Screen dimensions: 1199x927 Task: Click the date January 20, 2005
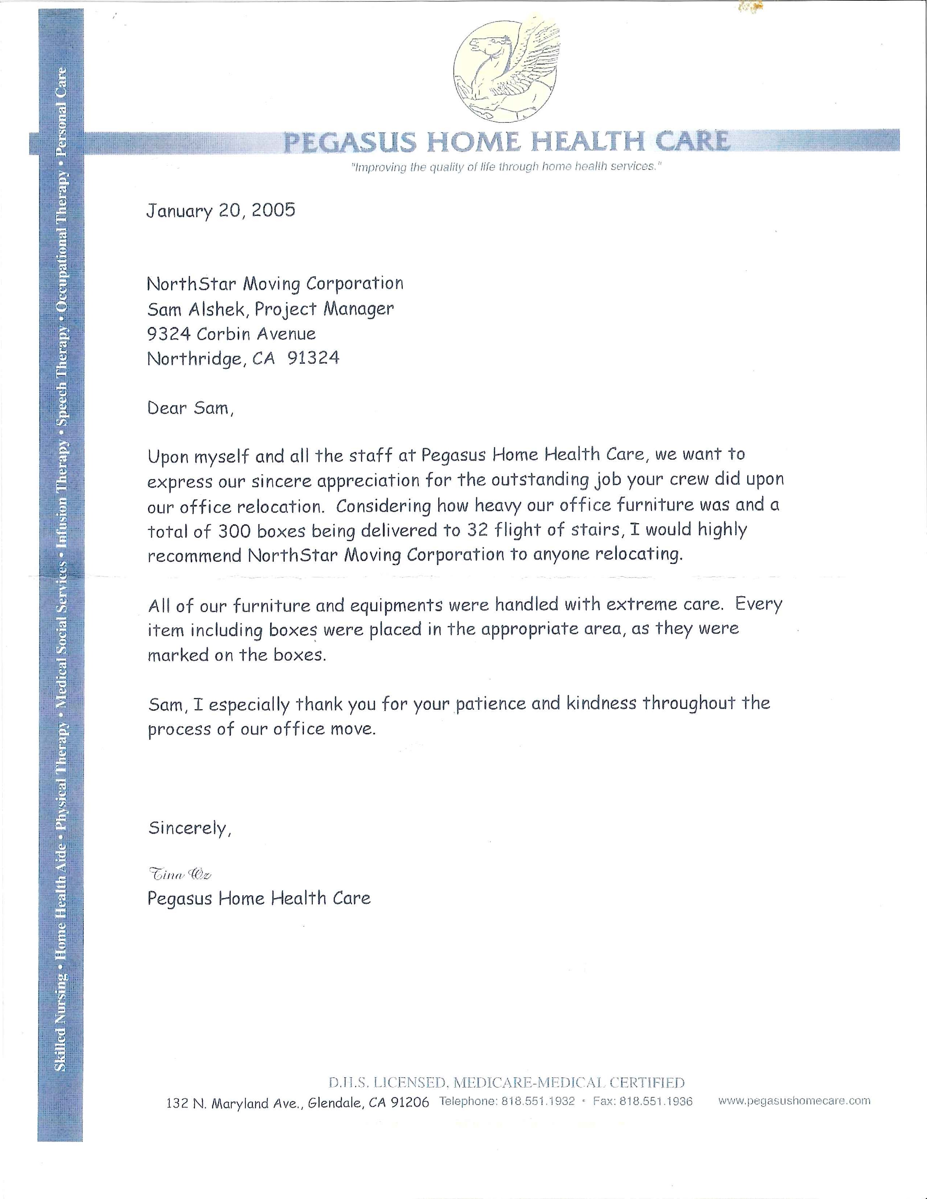tap(221, 211)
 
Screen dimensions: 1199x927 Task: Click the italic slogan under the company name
tap(505, 167)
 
